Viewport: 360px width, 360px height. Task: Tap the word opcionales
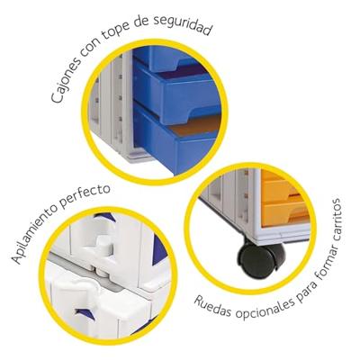(x=265, y=309)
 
